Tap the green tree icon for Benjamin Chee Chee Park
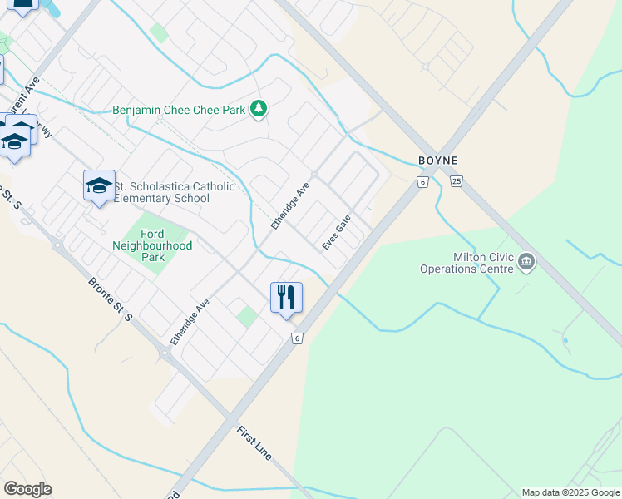[259, 109]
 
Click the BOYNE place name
[438, 161]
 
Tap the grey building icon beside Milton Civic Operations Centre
[526, 263]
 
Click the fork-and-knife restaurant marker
[286, 298]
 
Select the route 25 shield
[456, 181]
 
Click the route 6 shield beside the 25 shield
[423, 182]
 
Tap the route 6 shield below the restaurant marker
[297, 338]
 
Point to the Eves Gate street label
[337, 232]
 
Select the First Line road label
[254, 443]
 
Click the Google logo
[27, 489]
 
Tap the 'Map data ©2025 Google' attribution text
[570, 492]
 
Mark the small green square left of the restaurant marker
[246, 317]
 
